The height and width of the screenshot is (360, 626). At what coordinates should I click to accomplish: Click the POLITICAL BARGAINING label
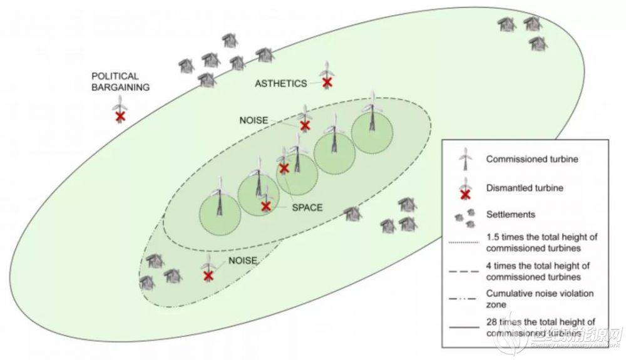click(120, 81)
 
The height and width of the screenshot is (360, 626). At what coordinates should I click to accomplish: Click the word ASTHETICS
click(281, 83)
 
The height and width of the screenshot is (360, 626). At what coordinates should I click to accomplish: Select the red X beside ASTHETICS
click(326, 82)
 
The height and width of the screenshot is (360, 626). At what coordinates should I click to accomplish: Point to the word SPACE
click(307, 207)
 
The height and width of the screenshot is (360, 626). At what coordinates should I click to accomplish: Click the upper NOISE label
click(254, 120)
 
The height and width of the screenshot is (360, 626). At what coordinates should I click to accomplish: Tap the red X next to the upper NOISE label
click(305, 125)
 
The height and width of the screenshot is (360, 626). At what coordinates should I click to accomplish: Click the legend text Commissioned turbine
click(531, 159)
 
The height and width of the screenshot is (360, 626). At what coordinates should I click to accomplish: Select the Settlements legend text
click(511, 214)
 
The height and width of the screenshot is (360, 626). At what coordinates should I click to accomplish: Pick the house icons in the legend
click(465, 214)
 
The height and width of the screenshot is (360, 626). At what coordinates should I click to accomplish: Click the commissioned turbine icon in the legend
click(465, 158)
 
